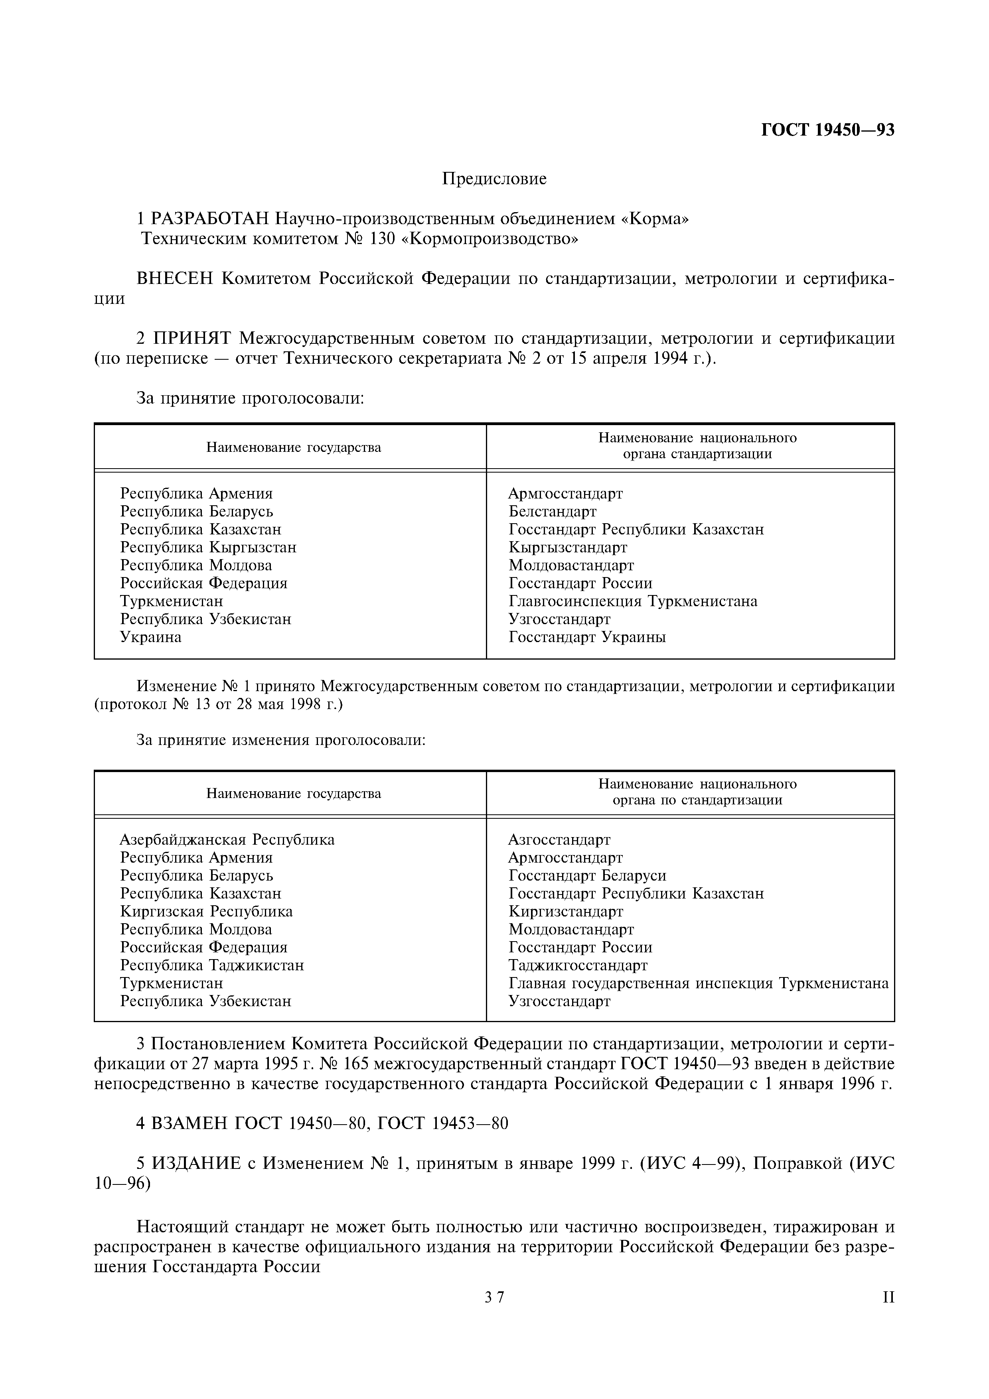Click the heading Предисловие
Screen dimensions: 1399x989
(494, 179)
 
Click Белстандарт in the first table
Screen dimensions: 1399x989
(552, 511)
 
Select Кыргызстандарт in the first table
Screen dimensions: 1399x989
(567, 547)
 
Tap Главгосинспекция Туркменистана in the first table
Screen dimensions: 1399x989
(632, 601)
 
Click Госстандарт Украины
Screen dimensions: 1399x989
(587, 637)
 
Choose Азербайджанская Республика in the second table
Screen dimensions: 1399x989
(227, 839)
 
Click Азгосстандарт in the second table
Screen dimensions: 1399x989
(559, 839)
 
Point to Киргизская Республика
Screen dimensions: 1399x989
(206, 912)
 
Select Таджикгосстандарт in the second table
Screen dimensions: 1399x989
(578, 965)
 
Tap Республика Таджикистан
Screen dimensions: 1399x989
(211, 965)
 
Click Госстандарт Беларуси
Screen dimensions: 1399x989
(587, 876)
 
